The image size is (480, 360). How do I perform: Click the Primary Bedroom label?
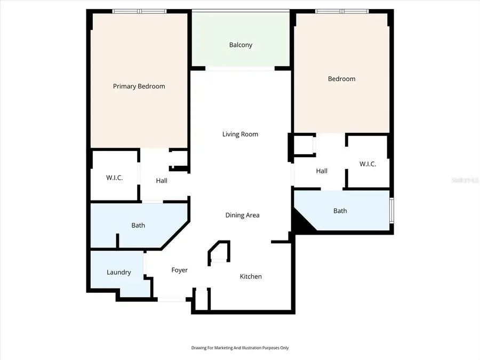click(139, 86)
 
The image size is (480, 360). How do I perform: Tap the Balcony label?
click(241, 45)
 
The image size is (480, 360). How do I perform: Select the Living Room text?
click(240, 134)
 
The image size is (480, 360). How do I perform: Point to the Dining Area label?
click(242, 215)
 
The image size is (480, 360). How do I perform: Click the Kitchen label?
click(251, 276)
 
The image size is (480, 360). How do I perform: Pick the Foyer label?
click(179, 270)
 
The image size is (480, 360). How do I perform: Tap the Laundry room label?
click(118, 273)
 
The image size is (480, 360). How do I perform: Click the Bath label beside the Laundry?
click(138, 226)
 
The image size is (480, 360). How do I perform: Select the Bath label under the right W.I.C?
click(340, 211)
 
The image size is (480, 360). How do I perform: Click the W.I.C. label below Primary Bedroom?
click(114, 178)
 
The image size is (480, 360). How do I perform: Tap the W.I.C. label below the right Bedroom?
click(367, 164)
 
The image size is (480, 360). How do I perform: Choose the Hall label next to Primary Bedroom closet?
click(162, 181)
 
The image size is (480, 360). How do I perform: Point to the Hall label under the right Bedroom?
click(322, 171)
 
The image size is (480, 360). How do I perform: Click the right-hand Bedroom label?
click(341, 79)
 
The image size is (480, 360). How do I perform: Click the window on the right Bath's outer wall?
click(392, 211)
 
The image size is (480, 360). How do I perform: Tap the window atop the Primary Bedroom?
click(139, 11)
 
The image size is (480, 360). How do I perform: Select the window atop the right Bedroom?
click(341, 11)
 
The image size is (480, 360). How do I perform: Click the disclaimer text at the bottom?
click(240, 348)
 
